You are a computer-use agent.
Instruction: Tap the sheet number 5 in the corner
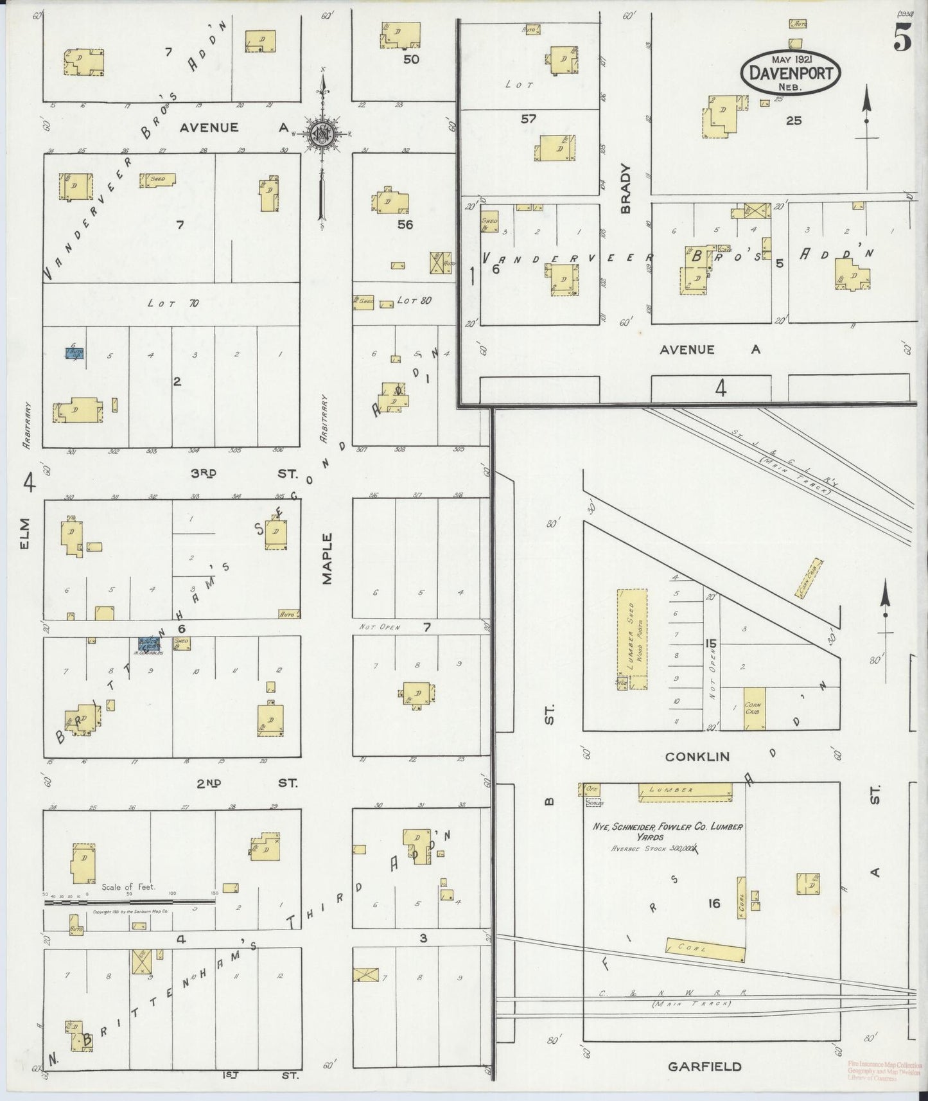902,40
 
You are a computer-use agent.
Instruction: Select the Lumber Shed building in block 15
632,639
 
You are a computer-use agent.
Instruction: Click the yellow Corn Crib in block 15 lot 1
755,709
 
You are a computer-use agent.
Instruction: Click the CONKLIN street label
697,757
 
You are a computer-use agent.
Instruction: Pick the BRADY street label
626,188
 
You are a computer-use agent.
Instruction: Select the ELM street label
26,534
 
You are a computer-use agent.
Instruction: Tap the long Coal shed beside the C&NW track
705,949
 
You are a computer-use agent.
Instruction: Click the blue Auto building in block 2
74,353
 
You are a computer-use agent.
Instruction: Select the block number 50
410,59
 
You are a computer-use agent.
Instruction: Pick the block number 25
794,120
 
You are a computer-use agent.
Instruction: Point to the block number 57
529,118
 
